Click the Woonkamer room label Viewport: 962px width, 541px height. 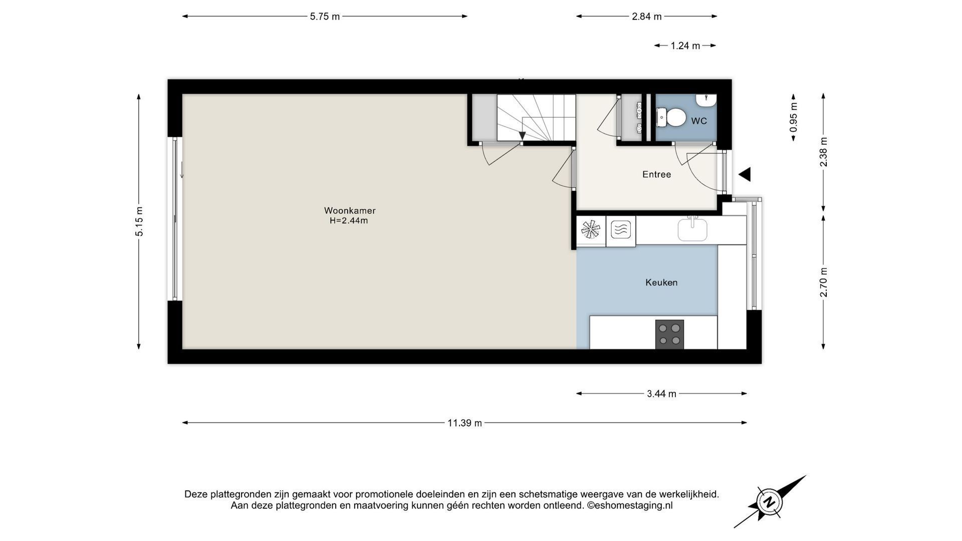350,211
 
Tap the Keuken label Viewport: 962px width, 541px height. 661,283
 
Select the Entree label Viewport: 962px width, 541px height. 656,174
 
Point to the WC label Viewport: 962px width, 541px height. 699,121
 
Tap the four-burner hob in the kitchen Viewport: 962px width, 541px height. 669,334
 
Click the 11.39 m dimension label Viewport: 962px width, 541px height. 464,423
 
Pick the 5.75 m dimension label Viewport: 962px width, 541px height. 325,17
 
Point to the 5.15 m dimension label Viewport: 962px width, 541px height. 139,221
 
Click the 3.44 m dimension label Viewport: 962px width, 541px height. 661,394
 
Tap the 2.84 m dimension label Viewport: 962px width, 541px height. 647,17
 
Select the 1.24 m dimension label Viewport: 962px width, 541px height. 685,46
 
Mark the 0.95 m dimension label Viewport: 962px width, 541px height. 794,117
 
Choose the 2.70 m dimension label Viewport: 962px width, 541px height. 824,282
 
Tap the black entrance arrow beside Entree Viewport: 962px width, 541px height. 745,174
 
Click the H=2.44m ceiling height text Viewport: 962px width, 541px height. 349,221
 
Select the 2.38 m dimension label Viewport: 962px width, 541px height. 824,152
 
